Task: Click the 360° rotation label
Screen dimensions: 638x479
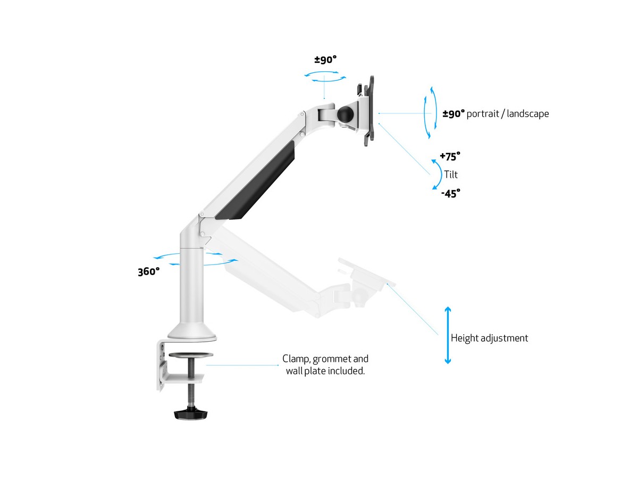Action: (x=148, y=271)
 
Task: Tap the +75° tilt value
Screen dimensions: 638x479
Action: (x=450, y=156)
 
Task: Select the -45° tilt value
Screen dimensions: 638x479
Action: (x=451, y=193)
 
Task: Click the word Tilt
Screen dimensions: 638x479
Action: (x=451, y=175)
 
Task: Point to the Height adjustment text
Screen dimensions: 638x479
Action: (x=490, y=338)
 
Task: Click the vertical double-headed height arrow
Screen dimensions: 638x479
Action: (x=448, y=335)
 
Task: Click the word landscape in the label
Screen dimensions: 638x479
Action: (x=528, y=113)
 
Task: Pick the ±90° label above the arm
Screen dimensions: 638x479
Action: (x=325, y=60)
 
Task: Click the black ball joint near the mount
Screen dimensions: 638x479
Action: (x=345, y=115)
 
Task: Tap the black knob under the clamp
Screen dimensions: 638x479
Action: (x=191, y=414)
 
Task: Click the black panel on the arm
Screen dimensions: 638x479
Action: (x=255, y=180)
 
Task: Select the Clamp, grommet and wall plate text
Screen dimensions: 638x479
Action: (x=325, y=365)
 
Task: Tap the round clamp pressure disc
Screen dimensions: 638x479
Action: (x=191, y=356)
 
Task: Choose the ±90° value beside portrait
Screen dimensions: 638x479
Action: (x=454, y=114)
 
